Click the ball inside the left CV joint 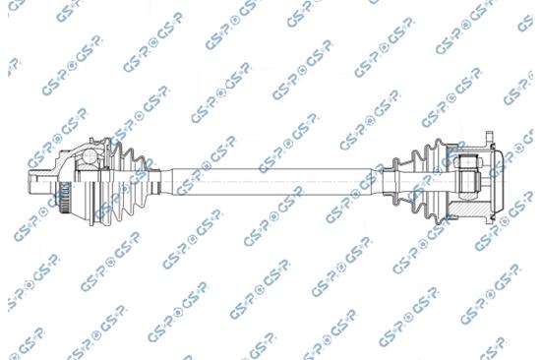[x=90, y=156]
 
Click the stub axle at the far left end [x=40, y=182]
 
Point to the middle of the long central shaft [x=271, y=182]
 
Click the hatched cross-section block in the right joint [x=468, y=210]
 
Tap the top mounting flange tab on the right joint [x=490, y=137]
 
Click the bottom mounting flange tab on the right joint [x=490, y=220]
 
